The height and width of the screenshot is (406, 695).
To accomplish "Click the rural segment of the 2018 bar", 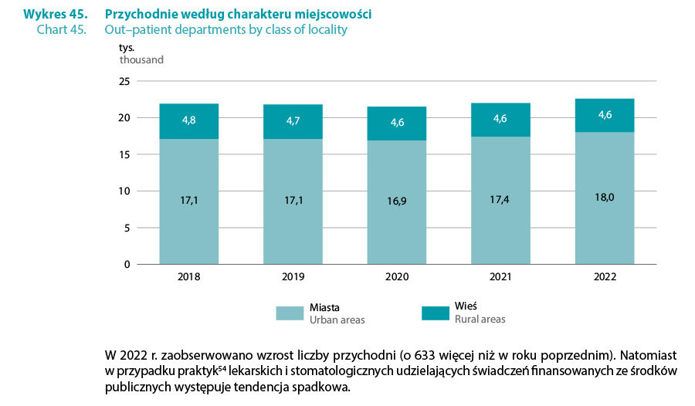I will [189, 121].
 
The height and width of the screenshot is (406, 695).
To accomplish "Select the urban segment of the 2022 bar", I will [605, 232].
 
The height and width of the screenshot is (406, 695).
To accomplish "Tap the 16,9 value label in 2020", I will [398, 202].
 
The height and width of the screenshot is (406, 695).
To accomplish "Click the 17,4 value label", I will [501, 200].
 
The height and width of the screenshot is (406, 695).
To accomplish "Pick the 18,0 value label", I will [605, 198].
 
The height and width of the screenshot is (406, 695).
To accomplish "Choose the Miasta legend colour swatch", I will [290, 313].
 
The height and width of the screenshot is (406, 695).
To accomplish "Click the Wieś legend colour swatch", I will [436, 313].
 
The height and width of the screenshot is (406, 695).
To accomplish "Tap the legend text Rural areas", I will [480, 320].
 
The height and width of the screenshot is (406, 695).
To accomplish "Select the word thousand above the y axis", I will [141, 59].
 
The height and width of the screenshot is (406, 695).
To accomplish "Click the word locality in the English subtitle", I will [324, 30].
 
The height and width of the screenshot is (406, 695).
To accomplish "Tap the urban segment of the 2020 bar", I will [398, 232].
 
